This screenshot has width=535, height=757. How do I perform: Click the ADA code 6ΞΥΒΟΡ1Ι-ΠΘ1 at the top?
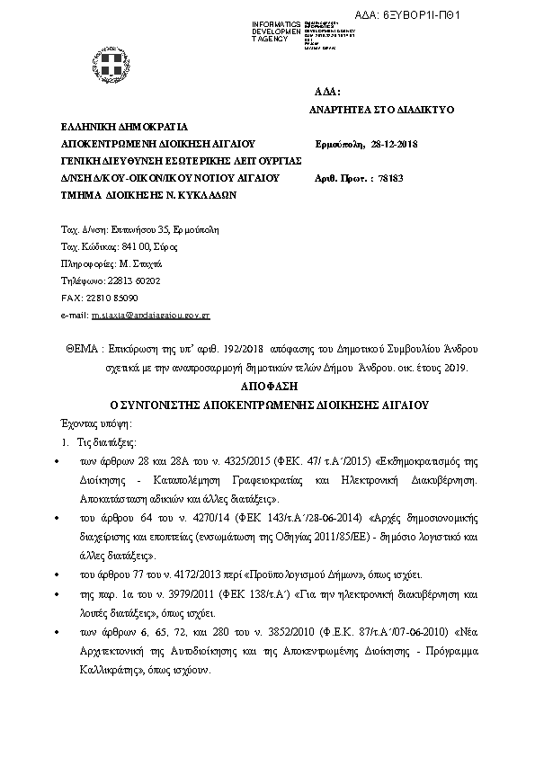pos(489,15)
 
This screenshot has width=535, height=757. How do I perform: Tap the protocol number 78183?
pos(391,178)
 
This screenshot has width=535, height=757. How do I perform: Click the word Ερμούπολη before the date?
pos(339,145)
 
